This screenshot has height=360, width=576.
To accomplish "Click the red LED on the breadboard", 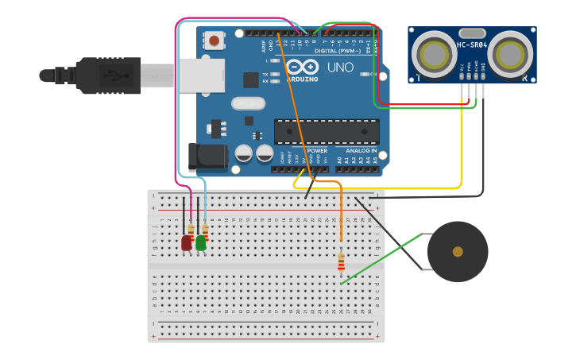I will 187,242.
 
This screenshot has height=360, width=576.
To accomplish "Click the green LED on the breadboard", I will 201,242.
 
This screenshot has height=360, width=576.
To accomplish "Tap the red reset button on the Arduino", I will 214,40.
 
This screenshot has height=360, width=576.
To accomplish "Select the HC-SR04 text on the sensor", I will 472,45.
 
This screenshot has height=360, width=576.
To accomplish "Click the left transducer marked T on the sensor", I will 434,54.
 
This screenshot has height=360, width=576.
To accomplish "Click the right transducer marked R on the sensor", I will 510,54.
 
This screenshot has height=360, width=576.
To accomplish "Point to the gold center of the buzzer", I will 458,252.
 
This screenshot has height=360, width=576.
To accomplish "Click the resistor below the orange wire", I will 342,261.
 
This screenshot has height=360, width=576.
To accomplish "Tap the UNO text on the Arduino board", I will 341,68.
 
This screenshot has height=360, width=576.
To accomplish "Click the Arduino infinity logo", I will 301,68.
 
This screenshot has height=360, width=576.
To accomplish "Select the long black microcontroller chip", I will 327,132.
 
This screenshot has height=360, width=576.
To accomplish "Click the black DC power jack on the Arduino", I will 208,156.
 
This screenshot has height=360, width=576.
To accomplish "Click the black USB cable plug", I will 111,75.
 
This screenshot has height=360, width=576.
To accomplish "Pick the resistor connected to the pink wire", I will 191,230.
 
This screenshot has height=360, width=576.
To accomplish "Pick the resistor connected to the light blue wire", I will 205,230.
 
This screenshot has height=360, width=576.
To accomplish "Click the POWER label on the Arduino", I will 317,150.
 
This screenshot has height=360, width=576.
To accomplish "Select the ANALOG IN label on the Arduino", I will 361,150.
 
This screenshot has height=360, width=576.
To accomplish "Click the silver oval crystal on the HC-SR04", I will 472,33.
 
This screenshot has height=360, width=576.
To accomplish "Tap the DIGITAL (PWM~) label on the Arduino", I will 337,50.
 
